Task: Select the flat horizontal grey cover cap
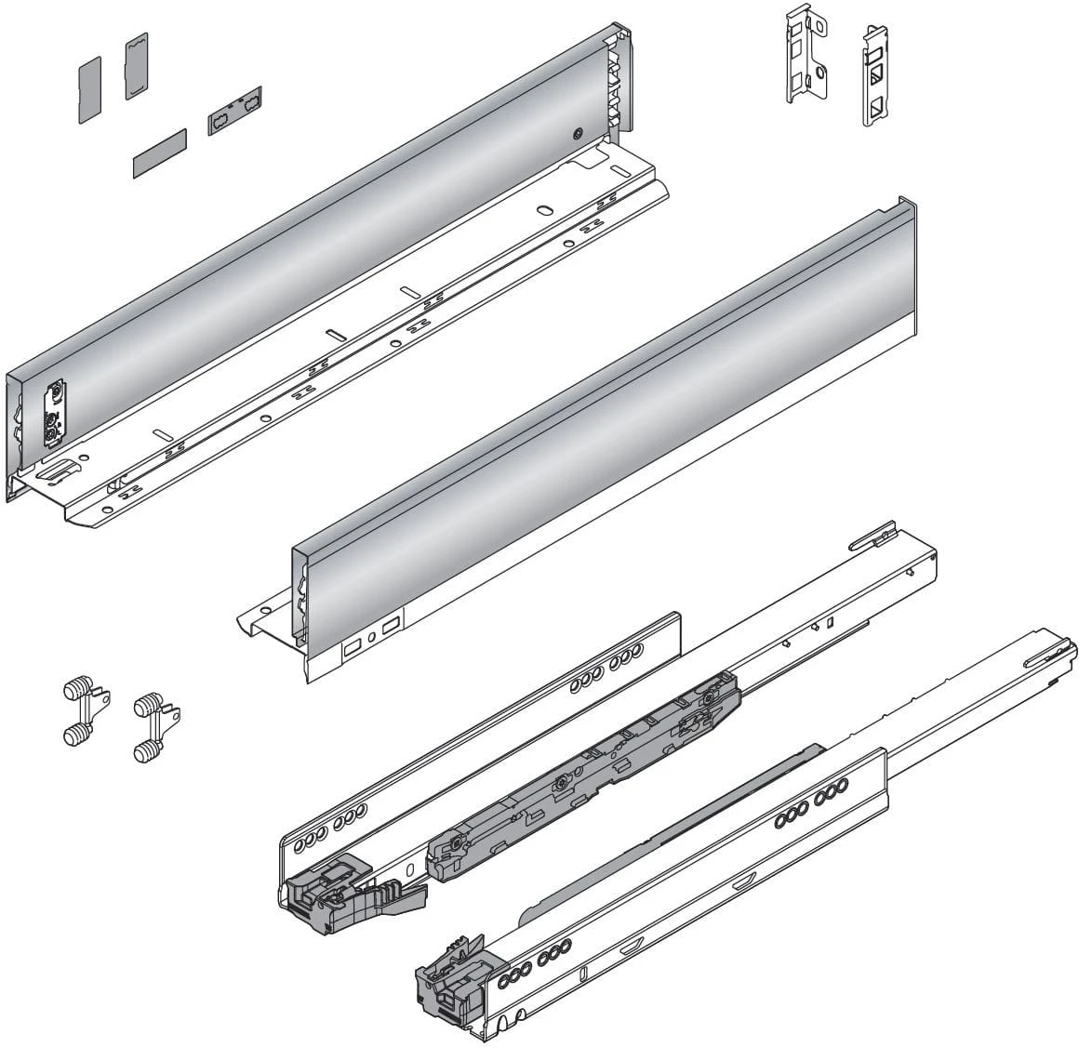pos(159,153)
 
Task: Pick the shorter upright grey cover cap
pos(89,88)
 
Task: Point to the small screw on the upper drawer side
pos(578,134)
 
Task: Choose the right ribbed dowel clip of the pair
pos(154,725)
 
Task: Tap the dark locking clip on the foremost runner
pos(453,982)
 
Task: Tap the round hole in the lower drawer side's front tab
pos(266,610)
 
